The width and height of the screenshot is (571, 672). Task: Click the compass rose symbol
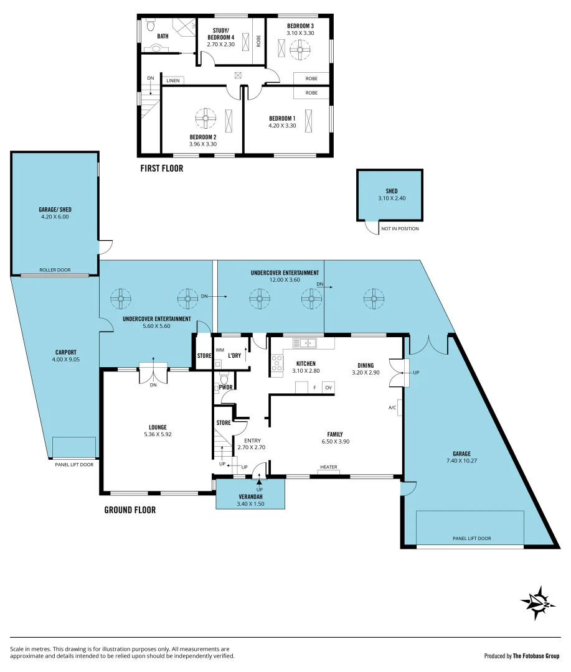538,602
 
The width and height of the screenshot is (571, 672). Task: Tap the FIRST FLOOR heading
161,168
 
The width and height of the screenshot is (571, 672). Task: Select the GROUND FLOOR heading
130,510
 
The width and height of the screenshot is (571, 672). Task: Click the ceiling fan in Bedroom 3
301,49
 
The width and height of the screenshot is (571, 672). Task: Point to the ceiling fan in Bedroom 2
205,118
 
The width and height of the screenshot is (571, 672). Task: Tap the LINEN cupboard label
172,80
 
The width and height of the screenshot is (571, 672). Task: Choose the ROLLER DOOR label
55,270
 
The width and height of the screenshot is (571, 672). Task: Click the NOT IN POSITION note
399,229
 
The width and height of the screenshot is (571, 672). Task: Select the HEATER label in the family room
328,467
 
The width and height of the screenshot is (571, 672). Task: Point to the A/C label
392,408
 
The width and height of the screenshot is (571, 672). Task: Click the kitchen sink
305,342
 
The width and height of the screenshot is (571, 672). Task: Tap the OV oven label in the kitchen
328,388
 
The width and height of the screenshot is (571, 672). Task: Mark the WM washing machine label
219,350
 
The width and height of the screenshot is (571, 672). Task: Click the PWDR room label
225,387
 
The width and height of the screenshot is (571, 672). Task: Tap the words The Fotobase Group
536,656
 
